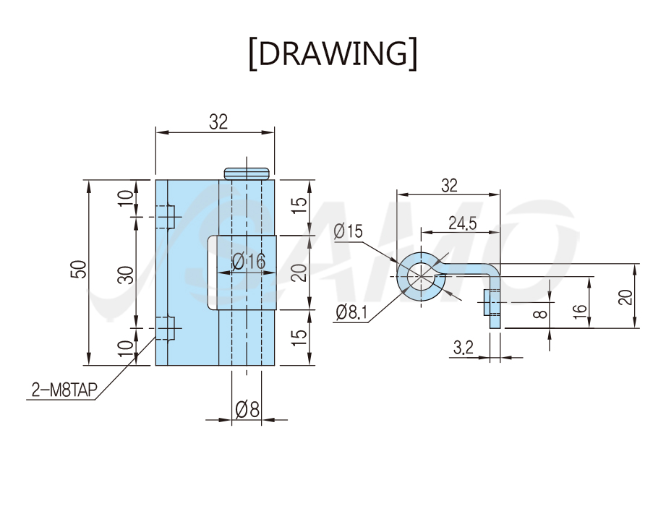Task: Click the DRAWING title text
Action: tap(333, 53)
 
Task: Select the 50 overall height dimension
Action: tap(79, 269)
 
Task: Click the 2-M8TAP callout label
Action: tap(64, 390)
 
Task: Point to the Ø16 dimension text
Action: tap(249, 261)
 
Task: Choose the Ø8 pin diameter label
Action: tap(247, 410)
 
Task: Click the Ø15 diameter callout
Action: tap(349, 231)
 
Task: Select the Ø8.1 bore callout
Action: tap(351, 312)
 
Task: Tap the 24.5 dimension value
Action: tap(463, 223)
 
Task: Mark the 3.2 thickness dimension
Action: tap(464, 348)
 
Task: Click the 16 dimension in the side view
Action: tap(580, 311)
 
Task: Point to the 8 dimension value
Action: tap(540, 314)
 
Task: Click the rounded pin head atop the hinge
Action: tap(247, 173)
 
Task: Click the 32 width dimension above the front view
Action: tap(218, 122)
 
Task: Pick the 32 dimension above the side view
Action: tap(449, 186)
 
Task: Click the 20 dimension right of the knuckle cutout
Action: tap(300, 273)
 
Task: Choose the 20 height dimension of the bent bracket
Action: tap(626, 296)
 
